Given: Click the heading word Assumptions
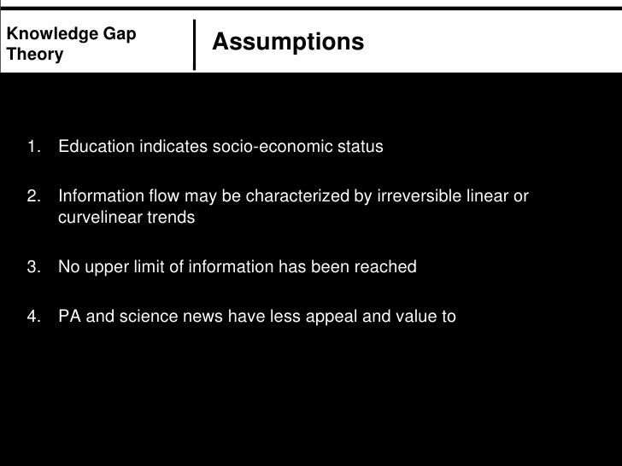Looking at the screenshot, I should (x=287, y=42).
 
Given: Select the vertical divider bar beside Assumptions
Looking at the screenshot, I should (x=196, y=44).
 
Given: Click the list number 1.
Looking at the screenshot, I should (x=33, y=147).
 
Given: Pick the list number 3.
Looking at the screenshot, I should (x=33, y=267).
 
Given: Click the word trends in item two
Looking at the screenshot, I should (x=173, y=218).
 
